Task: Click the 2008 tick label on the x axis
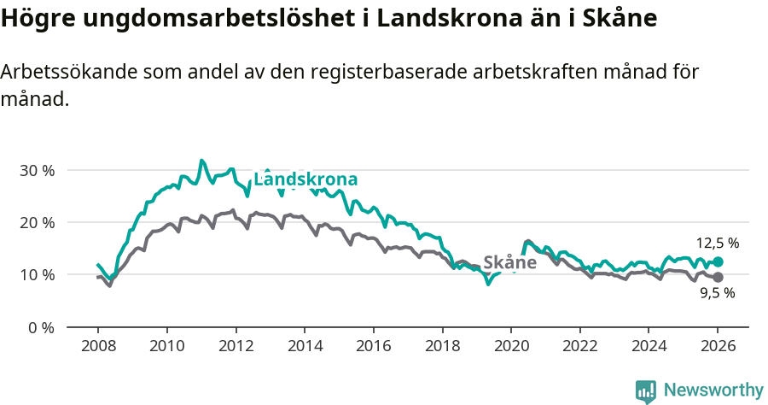coord(97,347)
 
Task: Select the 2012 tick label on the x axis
coord(236,347)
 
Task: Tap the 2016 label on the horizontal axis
coord(373,347)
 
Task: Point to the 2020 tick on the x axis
coord(510,347)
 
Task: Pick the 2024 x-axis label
coord(648,347)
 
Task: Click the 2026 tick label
coord(718,347)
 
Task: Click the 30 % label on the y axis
coord(37,170)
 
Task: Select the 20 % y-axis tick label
coord(37,222)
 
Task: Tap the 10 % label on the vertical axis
coord(37,275)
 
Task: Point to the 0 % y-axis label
coord(40,327)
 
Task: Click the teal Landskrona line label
coord(305,179)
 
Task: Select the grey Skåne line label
coord(509,262)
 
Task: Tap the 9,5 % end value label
coord(717,293)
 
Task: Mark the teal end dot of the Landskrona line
coord(718,261)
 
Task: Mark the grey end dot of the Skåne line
coord(718,278)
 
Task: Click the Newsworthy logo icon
coord(646,391)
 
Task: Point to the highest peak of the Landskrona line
coord(201,161)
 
